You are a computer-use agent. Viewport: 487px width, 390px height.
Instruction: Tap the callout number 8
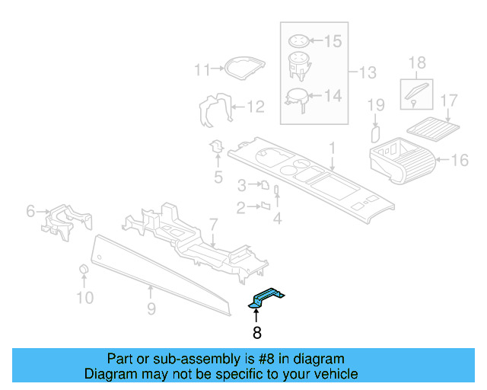256,333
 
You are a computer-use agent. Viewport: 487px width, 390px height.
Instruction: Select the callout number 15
333,41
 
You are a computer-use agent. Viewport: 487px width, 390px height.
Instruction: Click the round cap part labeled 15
299,41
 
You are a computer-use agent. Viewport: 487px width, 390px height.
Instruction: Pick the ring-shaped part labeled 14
296,97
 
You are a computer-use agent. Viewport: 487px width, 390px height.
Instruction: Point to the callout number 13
368,73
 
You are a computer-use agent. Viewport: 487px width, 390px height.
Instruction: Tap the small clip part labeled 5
217,145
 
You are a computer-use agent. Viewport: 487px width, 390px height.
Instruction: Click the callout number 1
332,146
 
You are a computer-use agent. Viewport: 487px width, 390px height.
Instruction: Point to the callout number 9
151,308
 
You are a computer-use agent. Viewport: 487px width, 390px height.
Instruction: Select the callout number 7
214,224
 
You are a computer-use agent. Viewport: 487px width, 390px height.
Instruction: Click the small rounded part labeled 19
374,134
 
